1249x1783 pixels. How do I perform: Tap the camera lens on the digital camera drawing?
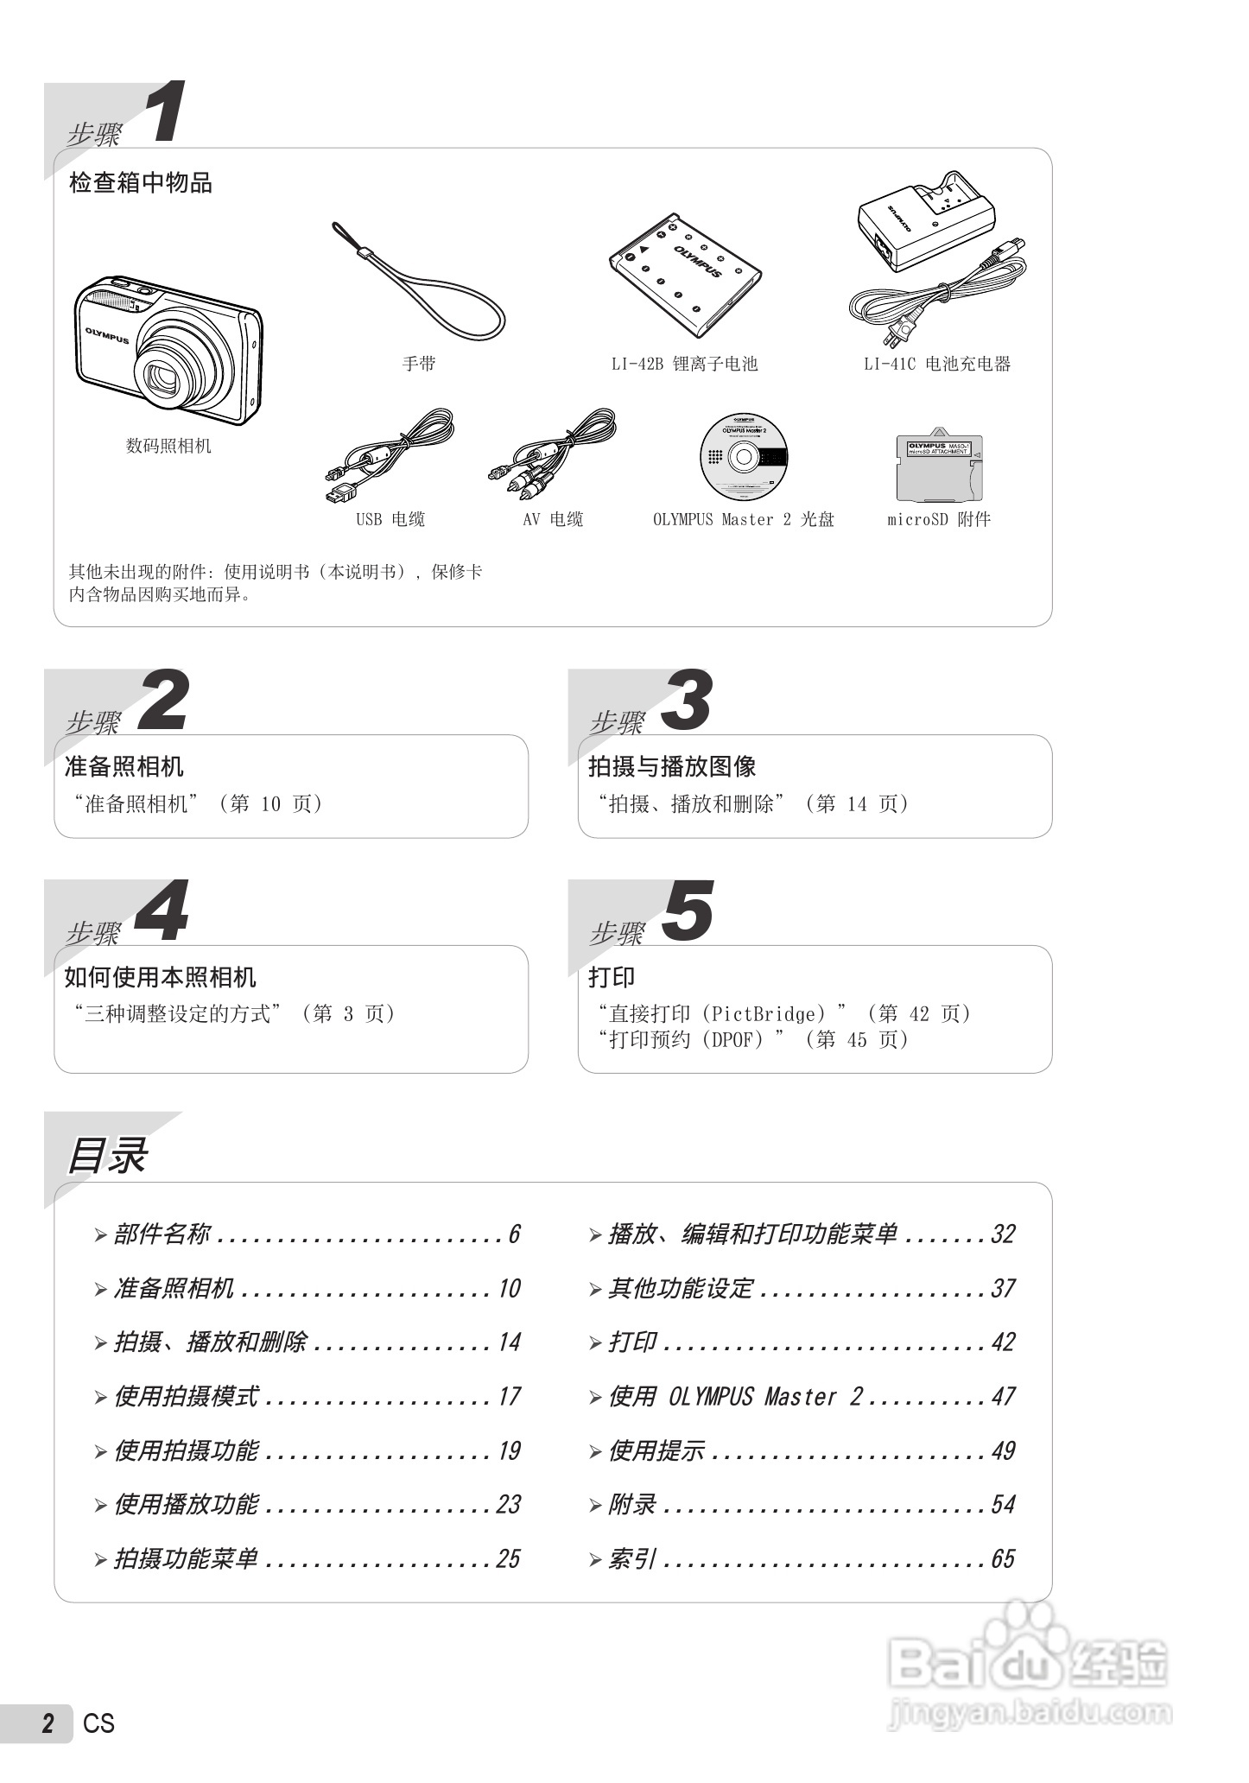(x=164, y=377)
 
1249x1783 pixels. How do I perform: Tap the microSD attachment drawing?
(x=938, y=468)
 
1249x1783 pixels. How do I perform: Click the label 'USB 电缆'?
(x=390, y=519)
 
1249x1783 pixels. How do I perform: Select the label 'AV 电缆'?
(x=553, y=519)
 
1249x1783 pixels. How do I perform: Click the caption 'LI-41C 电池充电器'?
(x=937, y=364)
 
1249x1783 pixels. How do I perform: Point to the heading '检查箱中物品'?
(x=141, y=183)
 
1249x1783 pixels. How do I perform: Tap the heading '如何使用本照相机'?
(x=161, y=977)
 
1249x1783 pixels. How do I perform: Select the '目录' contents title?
(x=107, y=1156)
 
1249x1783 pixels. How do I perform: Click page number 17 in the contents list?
(x=509, y=1397)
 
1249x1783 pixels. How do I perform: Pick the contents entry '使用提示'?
(x=656, y=1451)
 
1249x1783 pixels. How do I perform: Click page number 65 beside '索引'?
(x=1003, y=1559)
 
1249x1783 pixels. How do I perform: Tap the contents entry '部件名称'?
(x=162, y=1234)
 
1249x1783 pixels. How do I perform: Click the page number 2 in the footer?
(x=48, y=1723)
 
